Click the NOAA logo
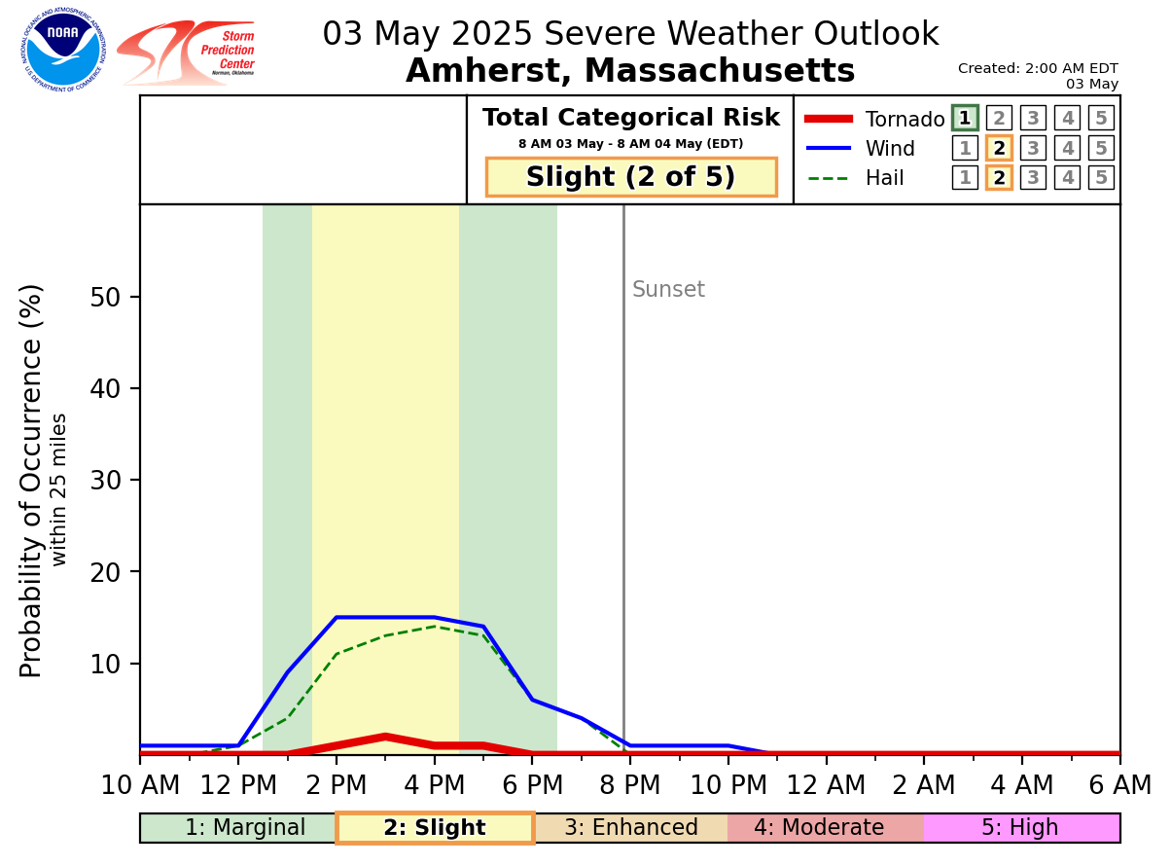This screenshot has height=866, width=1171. (x=63, y=50)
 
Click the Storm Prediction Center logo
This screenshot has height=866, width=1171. (x=187, y=53)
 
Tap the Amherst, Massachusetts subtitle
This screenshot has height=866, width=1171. (x=630, y=71)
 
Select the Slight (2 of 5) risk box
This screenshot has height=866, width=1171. (x=631, y=177)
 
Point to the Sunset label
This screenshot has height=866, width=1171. (x=668, y=290)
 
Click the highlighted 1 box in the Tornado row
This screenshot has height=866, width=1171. (x=965, y=119)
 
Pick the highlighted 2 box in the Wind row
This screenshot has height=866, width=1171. (x=999, y=149)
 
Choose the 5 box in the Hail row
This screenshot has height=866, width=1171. (x=1101, y=178)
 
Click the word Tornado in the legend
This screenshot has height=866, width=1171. (x=905, y=120)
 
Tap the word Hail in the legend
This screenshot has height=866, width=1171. (x=885, y=178)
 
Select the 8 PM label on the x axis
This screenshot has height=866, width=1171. (x=629, y=785)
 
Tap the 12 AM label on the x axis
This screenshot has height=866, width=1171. (x=826, y=785)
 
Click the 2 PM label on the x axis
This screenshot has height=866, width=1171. (x=336, y=785)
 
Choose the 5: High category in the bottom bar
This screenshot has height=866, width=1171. (x=1020, y=828)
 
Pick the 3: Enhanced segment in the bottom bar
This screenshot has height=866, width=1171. (x=631, y=828)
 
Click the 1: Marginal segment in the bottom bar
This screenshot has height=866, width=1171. (x=245, y=828)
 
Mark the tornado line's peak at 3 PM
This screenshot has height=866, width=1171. (x=385, y=737)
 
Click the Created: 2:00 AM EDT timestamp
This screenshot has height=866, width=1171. (x=1038, y=69)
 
